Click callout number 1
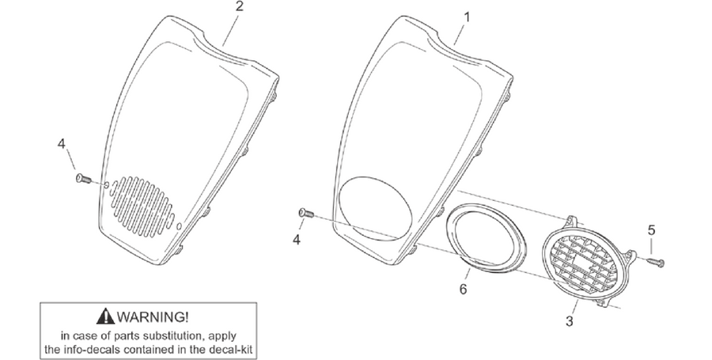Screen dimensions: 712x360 tap(466, 17)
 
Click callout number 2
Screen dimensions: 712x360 tap(239, 6)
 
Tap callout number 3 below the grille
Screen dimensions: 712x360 tap(570, 321)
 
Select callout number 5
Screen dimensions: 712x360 tap(651, 230)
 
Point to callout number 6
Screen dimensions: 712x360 tap(463, 289)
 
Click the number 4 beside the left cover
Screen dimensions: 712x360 tap(61, 144)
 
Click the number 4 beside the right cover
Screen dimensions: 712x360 tap(296, 239)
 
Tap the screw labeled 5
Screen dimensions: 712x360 tap(655, 261)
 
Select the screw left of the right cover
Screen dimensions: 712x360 tap(306, 213)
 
